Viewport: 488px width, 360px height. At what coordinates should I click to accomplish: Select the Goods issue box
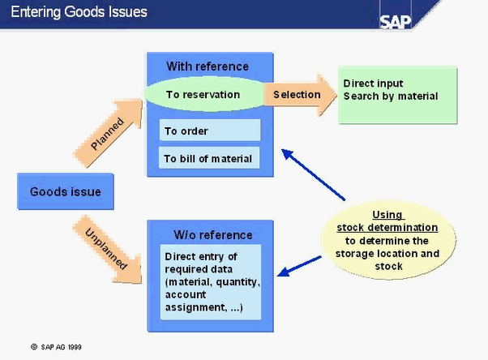(65, 192)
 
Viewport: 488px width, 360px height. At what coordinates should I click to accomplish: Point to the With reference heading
(208, 66)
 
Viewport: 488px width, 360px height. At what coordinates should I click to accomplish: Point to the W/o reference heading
(213, 235)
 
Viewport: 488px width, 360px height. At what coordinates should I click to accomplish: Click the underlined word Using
(387, 215)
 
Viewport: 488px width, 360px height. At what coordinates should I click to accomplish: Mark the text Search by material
(391, 96)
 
